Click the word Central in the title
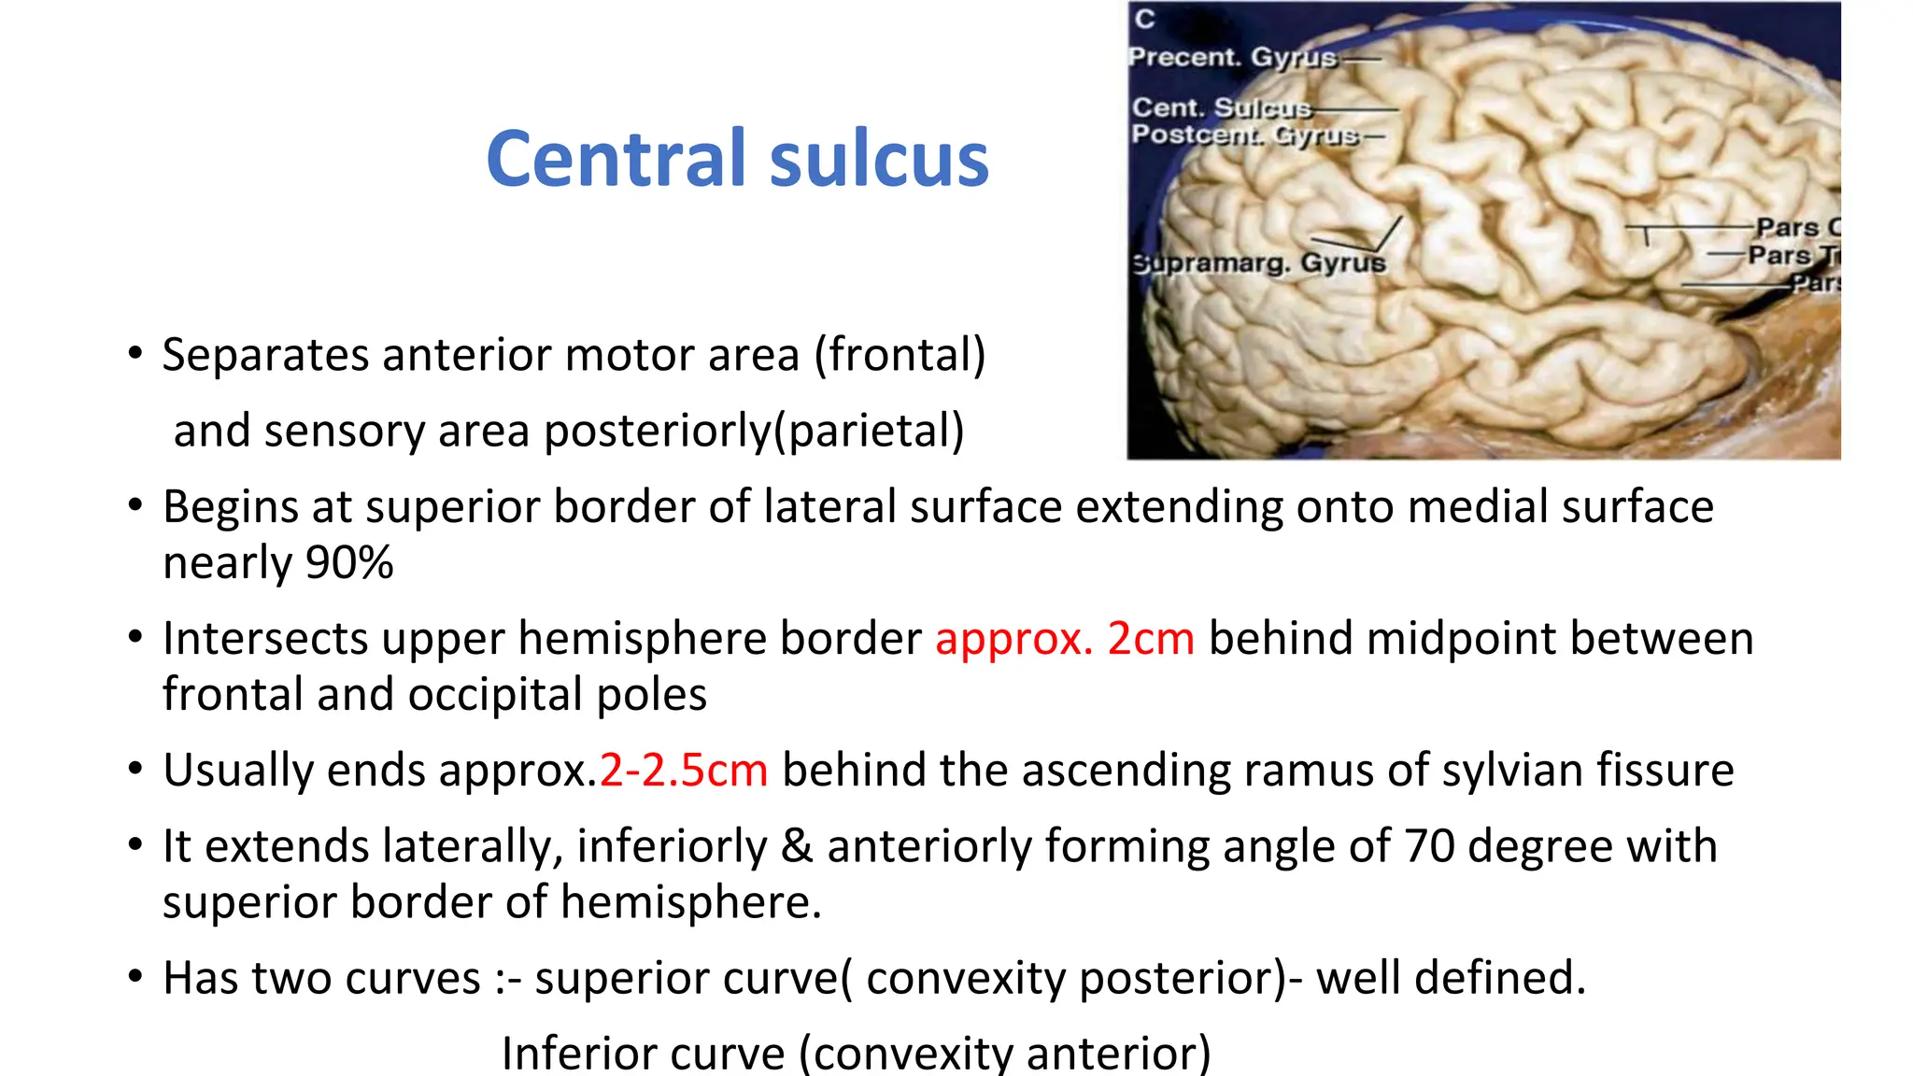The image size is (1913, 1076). tap(618, 159)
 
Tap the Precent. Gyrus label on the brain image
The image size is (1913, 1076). tap(1232, 58)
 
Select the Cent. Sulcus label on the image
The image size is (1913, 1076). tap(1221, 108)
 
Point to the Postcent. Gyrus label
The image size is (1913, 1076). tap(1244, 135)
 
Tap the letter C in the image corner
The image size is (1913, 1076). tap(1145, 20)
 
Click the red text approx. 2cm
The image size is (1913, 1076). tap(1064, 639)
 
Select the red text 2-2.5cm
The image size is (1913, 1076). tap(683, 771)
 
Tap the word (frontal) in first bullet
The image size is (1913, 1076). tap(900, 356)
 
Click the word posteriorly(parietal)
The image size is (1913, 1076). tap(754, 432)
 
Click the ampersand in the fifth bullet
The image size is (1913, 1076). tap(796, 846)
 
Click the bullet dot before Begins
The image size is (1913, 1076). tap(136, 505)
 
